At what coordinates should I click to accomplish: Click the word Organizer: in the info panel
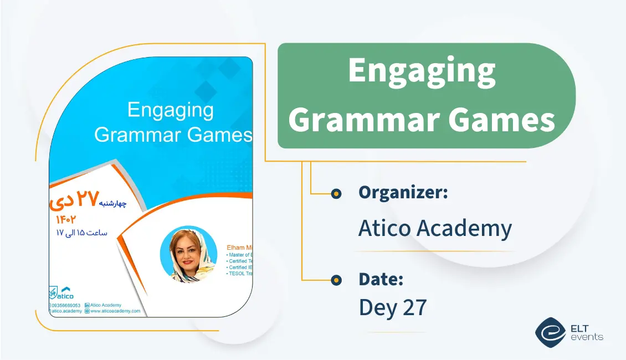(403, 193)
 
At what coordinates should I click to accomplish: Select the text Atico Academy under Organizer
(435, 228)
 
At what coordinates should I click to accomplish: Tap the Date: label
(381, 279)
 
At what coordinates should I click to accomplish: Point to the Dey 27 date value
(393, 307)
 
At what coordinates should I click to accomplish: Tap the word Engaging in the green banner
(422, 72)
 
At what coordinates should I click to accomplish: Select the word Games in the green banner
(501, 119)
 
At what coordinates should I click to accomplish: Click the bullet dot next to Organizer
(336, 193)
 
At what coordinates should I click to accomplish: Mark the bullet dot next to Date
(336, 280)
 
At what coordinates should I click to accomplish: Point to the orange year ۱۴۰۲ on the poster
(66, 220)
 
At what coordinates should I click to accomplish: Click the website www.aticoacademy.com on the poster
(115, 311)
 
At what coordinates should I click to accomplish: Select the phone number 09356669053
(66, 305)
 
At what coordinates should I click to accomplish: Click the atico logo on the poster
(62, 292)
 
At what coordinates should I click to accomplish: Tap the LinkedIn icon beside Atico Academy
(87, 305)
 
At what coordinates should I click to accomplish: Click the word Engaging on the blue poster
(170, 110)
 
